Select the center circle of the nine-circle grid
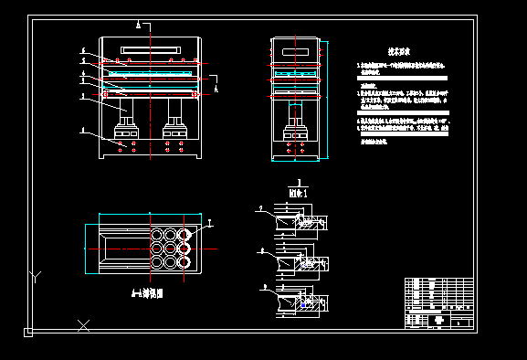(171, 248)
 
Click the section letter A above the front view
(136, 22)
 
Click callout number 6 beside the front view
(82, 50)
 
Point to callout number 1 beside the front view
(82, 132)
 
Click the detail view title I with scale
(294, 189)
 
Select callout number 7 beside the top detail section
(258, 209)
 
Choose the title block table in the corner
(439, 302)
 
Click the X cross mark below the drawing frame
(83, 324)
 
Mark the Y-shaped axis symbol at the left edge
(35, 275)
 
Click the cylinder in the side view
(296, 116)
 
